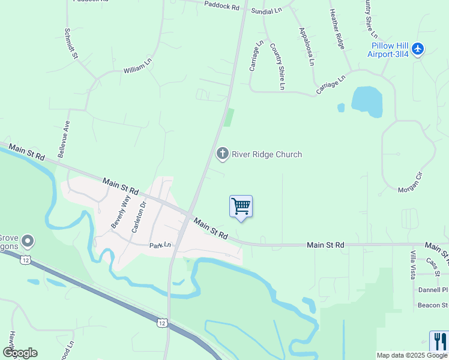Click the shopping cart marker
[x=241, y=207]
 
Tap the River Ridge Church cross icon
[x=223, y=154]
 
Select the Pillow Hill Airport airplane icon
[x=418, y=49]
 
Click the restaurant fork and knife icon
[x=439, y=341]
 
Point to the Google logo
[x=20, y=353]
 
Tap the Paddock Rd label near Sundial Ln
[x=221, y=7]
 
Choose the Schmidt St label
[x=72, y=43]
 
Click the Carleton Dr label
[x=139, y=217]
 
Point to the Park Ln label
[x=160, y=245]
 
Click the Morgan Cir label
[x=411, y=182]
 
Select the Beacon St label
[x=432, y=305]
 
